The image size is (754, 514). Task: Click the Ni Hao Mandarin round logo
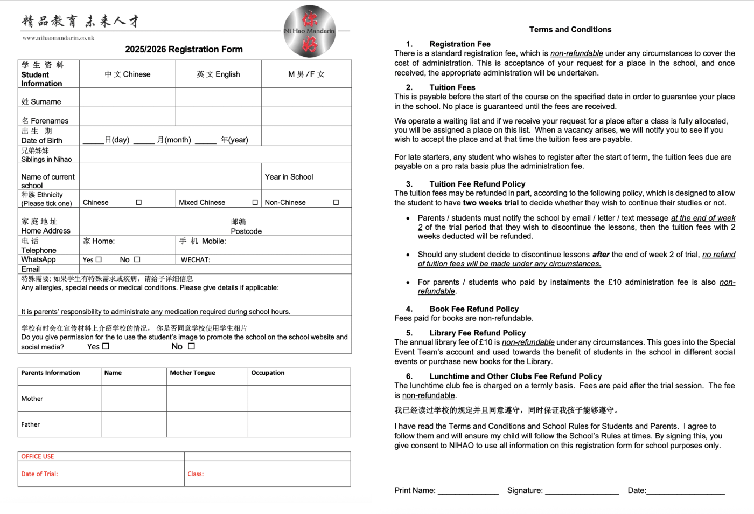click(x=310, y=31)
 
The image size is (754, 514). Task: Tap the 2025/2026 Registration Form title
click(x=184, y=49)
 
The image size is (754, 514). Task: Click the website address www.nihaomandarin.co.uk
click(x=58, y=38)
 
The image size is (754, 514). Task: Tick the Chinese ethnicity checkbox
click(x=139, y=202)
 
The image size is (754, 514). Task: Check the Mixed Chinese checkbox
click(x=255, y=202)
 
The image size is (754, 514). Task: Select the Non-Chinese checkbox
click(x=336, y=202)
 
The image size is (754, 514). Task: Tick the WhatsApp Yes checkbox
click(x=99, y=259)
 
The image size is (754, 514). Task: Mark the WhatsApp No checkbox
click(x=137, y=259)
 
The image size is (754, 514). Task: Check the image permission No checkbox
click(x=191, y=346)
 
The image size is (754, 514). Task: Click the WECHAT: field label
click(x=196, y=260)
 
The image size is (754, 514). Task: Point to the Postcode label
click(x=246, y=231)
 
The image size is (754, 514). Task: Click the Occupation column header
click(x=268, y=373)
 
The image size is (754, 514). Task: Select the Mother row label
click(x=32, y=399)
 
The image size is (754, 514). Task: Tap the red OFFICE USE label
click(x=38, y=456)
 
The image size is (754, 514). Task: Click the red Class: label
click(x=196, y=474)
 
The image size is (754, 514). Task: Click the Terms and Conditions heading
click(x=570, y=30)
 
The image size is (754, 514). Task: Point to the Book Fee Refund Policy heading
click(x=474, y=309)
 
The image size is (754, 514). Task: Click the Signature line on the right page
click(x=582, y=490)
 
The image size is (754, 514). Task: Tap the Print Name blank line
click(x=468, y=490)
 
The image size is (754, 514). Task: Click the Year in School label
click(x=289, y=177)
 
